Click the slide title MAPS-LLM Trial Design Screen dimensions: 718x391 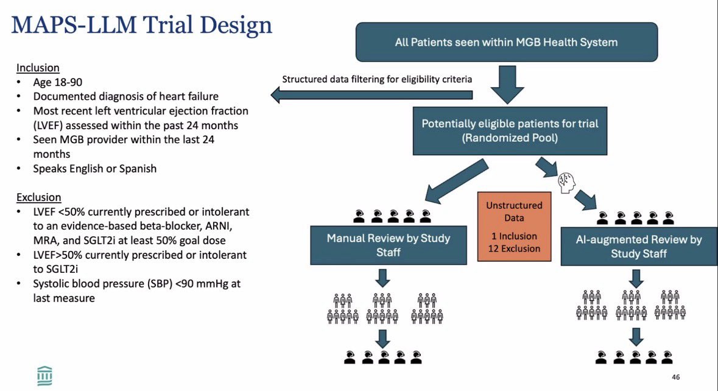click(x=141, y=26)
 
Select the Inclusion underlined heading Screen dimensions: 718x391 click(x=38, y=68)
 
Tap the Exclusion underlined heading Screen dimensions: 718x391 click(x=39, y=197)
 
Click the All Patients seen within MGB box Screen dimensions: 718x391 click(x=507, y=42)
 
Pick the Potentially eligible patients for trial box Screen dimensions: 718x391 click(x=510, y=131)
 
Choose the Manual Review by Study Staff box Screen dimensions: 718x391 click(x=389, y=245)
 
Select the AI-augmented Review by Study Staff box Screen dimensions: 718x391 click(x=639, y=246)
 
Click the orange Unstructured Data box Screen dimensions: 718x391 click(x=514, y=227)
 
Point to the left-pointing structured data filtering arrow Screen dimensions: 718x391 click(x=371, y=95)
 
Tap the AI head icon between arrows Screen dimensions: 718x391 click(x=566, y=182)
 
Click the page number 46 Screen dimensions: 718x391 click(x=675, y=377)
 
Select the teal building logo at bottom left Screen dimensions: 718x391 click(x=44, y=376)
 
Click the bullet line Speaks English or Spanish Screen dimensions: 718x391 click(x=95, y=169)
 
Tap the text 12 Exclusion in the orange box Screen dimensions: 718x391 click(x=514, y=248)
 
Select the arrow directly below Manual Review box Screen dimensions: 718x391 click(x=383, y=278)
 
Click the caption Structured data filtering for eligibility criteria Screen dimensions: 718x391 click(x=377, y=79)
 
